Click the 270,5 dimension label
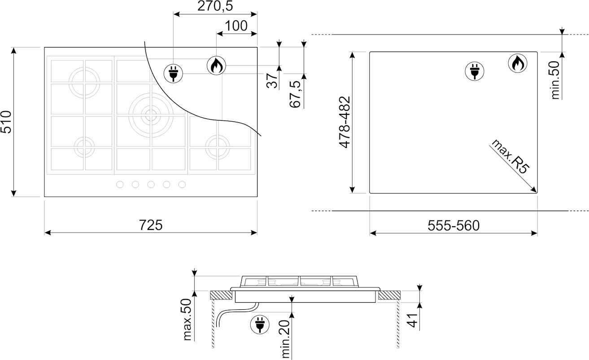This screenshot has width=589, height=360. click(215, 6)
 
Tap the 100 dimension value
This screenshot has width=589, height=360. click(236, 26)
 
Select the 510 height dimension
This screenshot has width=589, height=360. click(6, 122)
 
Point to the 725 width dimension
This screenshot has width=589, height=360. click(151, 225)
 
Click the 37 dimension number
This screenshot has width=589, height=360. click(272, 81)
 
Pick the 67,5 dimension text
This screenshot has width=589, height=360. click(295, 94)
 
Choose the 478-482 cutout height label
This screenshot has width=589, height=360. click(345, 122)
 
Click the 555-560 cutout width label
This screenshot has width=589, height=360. click(454, 226)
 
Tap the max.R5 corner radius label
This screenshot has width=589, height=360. click(510, 156)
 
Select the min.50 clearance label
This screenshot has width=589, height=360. click(555, 80)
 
